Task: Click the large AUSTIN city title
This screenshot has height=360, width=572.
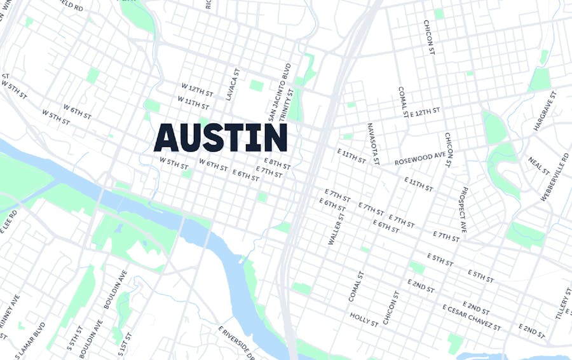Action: (x=221, y=138)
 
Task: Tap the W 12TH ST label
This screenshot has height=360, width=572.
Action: (x=196, y=90)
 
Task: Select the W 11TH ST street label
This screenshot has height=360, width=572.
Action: (x=193, y=102)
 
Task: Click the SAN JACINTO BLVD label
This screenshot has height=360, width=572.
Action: (x=279, y=92)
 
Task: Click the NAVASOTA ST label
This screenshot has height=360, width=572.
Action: (x=372, y=144)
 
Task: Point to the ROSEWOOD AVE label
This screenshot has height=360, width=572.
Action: (x=420, y=158)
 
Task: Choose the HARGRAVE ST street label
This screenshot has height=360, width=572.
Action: (x=545, y=111)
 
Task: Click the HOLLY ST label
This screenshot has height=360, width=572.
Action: (x=364, y=319)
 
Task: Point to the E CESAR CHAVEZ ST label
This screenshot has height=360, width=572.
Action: (x=472, y=318)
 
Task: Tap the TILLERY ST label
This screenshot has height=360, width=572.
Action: (x=562, y=303)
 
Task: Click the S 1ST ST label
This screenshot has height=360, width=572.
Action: (x=123, y=343)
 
